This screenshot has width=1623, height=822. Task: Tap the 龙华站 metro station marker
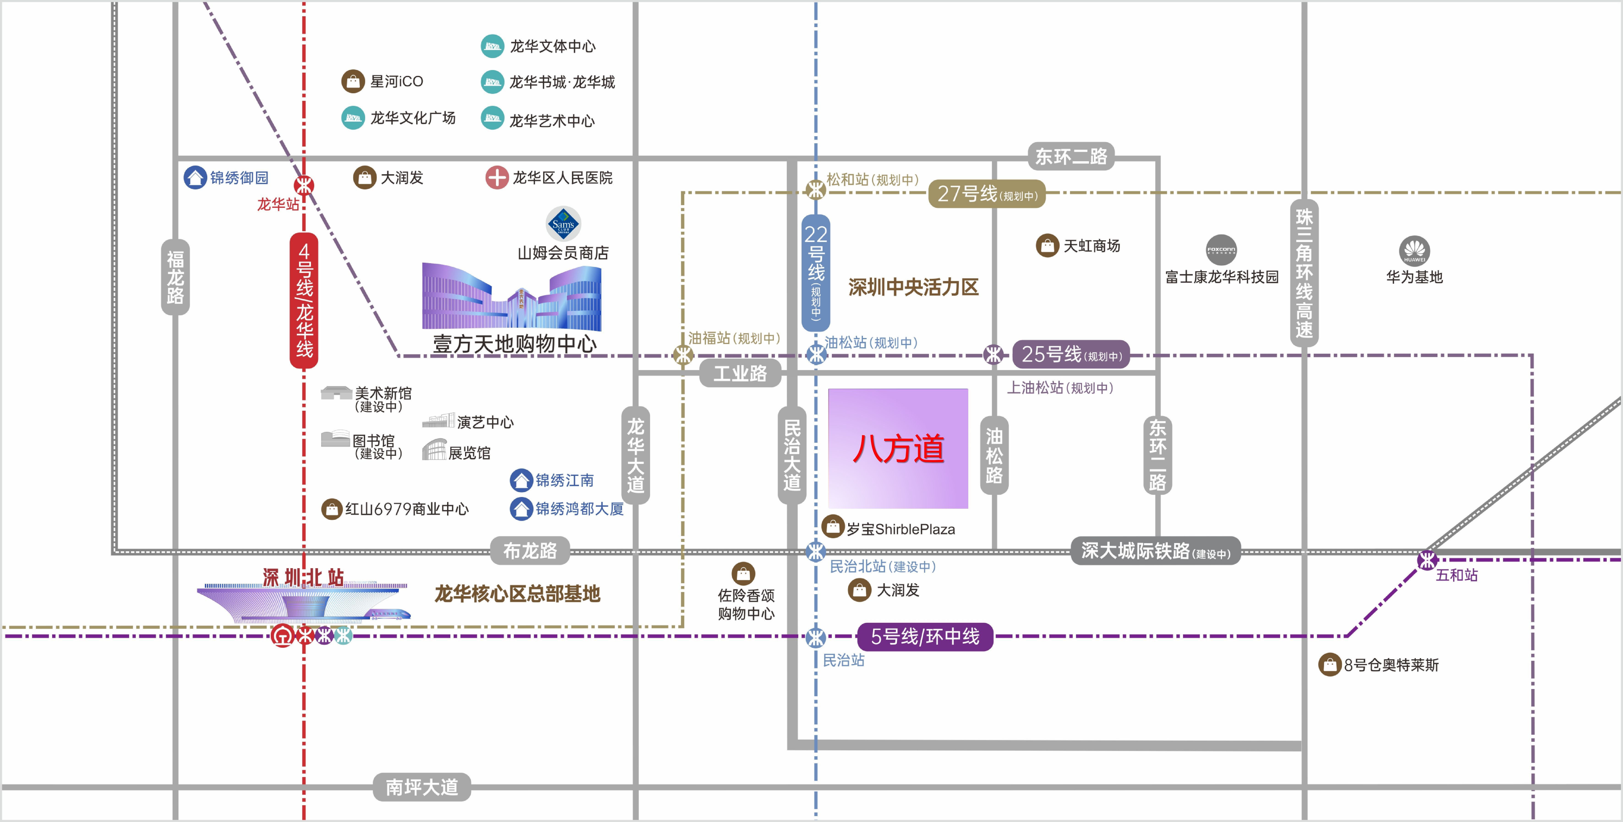pos(304,186)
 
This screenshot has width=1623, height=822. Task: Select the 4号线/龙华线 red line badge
pos(304,300)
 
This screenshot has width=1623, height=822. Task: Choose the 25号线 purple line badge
pos(1071,355)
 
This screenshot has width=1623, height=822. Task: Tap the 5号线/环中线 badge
pos(925,637)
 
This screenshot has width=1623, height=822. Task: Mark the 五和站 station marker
pos(1427,559)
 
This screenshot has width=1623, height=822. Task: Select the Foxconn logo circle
pos(1221,250)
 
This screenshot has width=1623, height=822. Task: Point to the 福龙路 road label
pos(175,277)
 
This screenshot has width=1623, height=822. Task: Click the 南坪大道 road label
pos(422,787)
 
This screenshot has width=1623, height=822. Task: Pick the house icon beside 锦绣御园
pos(195,178)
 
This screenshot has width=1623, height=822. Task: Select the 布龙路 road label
pos(530,551)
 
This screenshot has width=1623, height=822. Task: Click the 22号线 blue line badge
pos(816,273)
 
